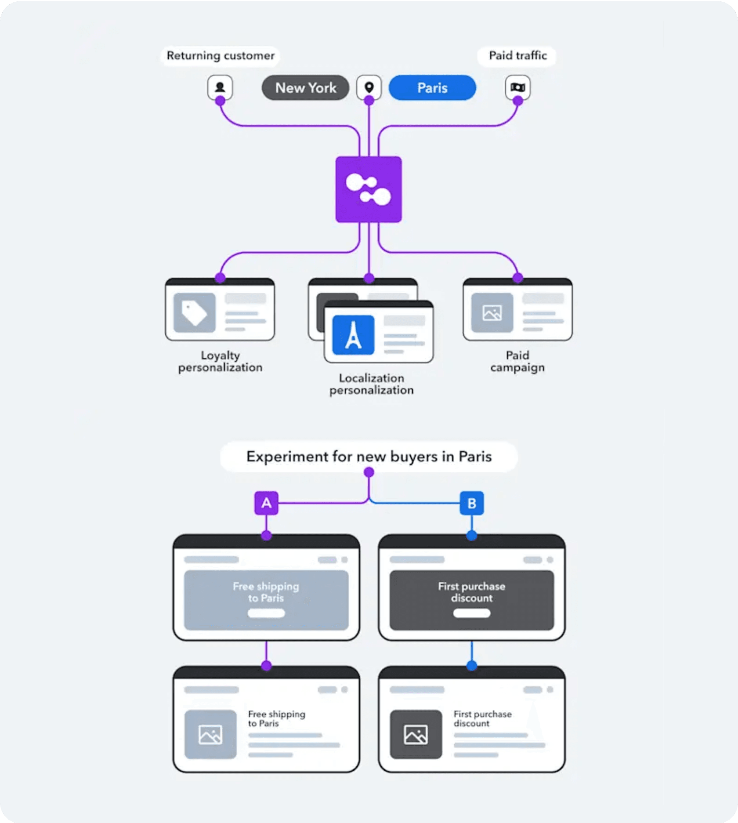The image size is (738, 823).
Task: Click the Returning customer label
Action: (x=220, y=56)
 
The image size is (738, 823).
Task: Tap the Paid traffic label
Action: (x=517, y=56)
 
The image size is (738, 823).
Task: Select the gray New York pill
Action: (x=305, y=88)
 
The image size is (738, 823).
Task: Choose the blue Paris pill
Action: (x=432, y=88)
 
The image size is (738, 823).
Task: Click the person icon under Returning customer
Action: (x=220, y=87)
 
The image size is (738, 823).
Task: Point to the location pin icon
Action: (x=369, y=87)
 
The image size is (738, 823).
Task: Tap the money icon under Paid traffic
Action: (x=517, y=87)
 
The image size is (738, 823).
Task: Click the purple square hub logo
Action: (x=369, y=189)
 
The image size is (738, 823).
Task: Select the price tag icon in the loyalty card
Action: (x=195, y=313)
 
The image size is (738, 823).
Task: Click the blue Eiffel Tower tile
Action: (x=353, y=335)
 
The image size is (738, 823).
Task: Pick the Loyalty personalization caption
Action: (x=220, y=361)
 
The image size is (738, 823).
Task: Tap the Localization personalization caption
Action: (x=372, y=384)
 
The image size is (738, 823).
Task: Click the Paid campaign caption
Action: (x=517, y=361)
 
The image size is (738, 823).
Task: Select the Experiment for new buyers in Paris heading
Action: (x=369, y=457)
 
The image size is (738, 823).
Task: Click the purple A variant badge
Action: (x=266, y=503)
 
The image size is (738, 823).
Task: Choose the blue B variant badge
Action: (x=472, y=503)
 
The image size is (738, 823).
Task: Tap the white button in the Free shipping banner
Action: (x=266, y=613)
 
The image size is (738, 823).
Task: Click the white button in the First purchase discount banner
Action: (x=472, y=613)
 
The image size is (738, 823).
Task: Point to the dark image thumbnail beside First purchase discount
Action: (x=416, y=734)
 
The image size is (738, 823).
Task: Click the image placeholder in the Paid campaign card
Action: (x=492, y=313)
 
